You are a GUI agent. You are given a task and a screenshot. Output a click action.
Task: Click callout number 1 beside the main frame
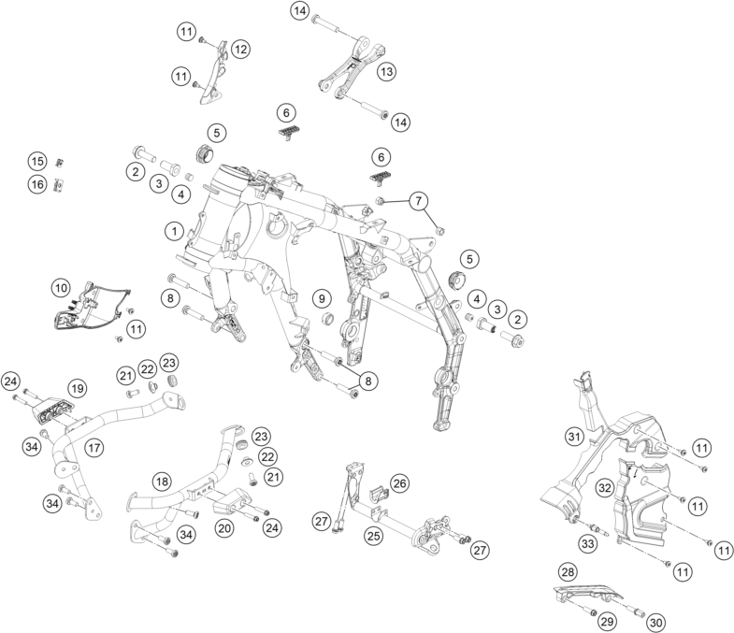[x=173, y=229]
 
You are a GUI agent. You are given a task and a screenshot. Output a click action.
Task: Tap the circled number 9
[x=322, y=298]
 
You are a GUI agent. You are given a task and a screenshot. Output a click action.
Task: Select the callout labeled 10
[x=61, y=287]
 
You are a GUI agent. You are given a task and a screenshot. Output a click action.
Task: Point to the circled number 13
[x=386, y=69]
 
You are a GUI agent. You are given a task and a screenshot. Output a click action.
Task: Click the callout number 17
[x=94, y=448]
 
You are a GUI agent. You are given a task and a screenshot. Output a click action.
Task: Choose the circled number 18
[x=163, y=482]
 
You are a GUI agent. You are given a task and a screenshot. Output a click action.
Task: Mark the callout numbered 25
[x=374, y=537]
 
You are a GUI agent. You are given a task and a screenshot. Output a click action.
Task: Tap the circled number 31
[x=575, y=436]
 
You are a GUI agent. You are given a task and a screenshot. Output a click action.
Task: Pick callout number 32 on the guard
[x=606, y=487]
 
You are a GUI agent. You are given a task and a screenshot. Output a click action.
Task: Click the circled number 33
[x=588, y=543]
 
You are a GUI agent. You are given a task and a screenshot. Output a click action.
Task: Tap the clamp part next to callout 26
[x=381, y=493]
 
